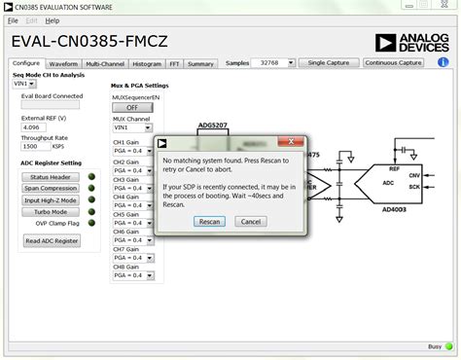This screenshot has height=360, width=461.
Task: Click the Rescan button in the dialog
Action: [209, 221]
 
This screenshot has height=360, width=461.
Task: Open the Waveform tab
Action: [63, 63]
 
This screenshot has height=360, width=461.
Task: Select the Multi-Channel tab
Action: [104, 63]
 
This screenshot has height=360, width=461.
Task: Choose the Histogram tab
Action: [147, 63]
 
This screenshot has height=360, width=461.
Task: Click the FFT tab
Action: [174, 63]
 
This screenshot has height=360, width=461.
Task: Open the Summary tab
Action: [201, 63]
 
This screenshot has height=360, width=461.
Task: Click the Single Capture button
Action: [329, 62]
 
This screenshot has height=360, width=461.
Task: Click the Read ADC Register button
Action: [53, 240]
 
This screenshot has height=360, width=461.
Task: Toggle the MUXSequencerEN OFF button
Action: [132, 107]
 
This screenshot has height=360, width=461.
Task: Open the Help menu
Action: [52, 19]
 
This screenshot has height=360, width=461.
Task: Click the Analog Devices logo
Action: [410, 42]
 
